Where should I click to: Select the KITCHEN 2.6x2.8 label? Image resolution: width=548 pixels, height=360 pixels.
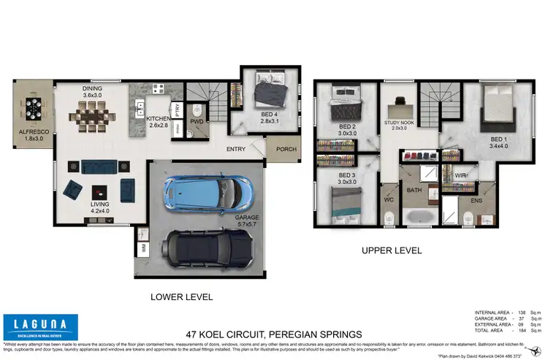coord(158,121)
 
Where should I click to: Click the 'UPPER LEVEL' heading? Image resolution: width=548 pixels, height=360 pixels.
coord(392,250)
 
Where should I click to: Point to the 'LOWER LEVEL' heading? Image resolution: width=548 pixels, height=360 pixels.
coord(181,297)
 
